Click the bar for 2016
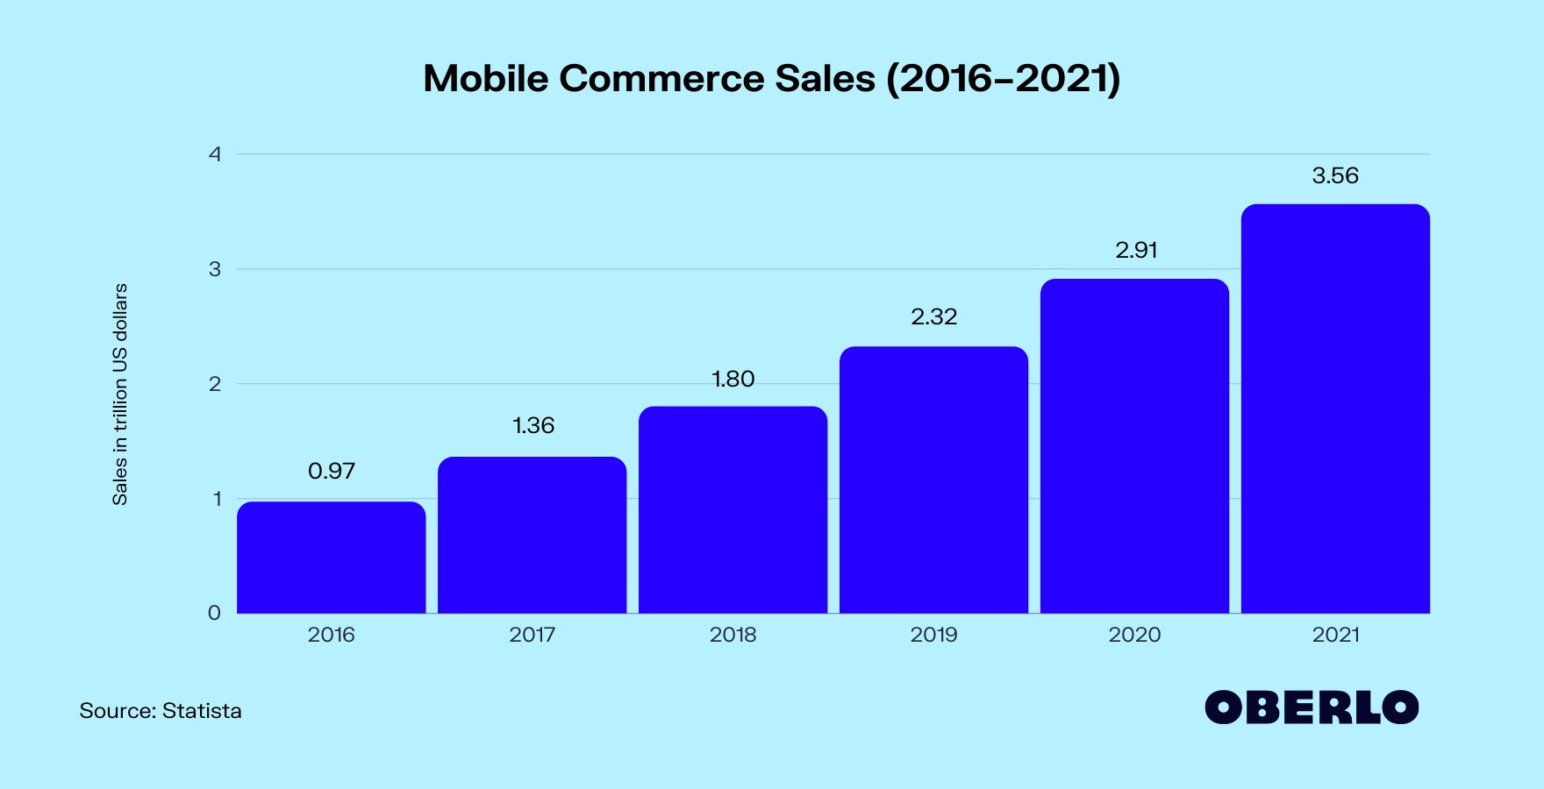(331, 558)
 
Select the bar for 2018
(733, 509)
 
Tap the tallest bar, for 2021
(1335, 409)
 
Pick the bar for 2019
(933, 480)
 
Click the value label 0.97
(332, 471)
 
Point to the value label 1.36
(533, 425)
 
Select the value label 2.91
(1136, 250)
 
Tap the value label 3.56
(1335, 175)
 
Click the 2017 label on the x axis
(533, 635)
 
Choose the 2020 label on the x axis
(1134, 635)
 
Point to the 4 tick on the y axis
(215, 154)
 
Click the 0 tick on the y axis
(214, 613)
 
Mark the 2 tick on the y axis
(215, 384)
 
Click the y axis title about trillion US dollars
(120, 394)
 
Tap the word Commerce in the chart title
(661, 78)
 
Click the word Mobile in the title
(485, 78)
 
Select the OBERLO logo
(1312, 707)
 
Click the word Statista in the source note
(202, 710)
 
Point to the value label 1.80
(733, 379)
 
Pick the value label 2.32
(934, 316)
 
